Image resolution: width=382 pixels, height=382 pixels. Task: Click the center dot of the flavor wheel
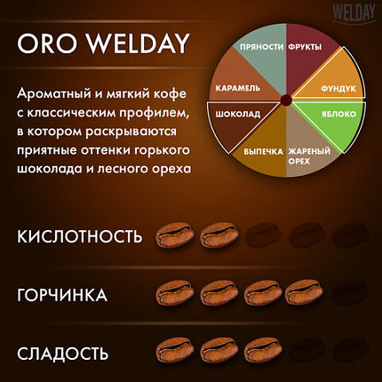pyautogui.click(x=286, y=99)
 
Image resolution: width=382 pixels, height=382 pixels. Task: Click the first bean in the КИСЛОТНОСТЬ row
pyautogui.click(x=172, y=235)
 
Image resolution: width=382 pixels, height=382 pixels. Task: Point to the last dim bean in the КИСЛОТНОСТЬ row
pyautogui.click(x=349, y=235)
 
